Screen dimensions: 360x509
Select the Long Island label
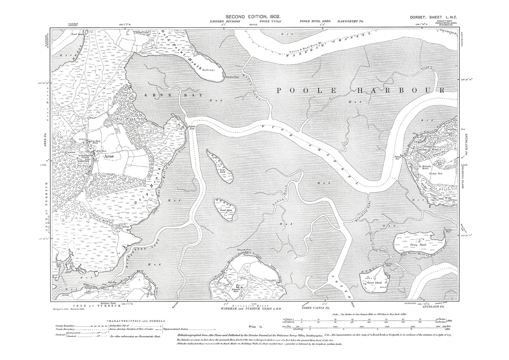point(222,170)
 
